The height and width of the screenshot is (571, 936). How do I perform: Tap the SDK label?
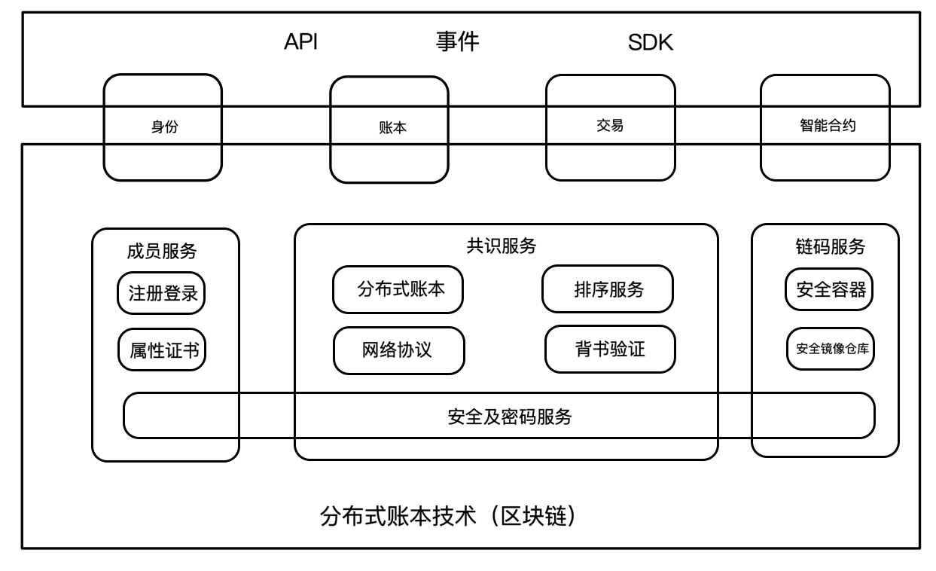click(x=650, y=44)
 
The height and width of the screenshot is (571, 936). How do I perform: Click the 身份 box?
click(x=163, y=127)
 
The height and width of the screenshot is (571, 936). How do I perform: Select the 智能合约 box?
click(x=825, y=127)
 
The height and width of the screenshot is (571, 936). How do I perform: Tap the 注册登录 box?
click(x=162, y=293)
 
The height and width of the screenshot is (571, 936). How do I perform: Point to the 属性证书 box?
click(x=162, y=350)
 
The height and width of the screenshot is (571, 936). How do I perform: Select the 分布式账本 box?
click(x=398, y=289)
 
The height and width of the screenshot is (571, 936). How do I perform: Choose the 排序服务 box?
click(x=606, y=289)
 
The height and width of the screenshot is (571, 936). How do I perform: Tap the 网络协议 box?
click(x=398, y=350)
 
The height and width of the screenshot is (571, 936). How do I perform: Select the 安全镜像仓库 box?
click(x=831, y=349)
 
